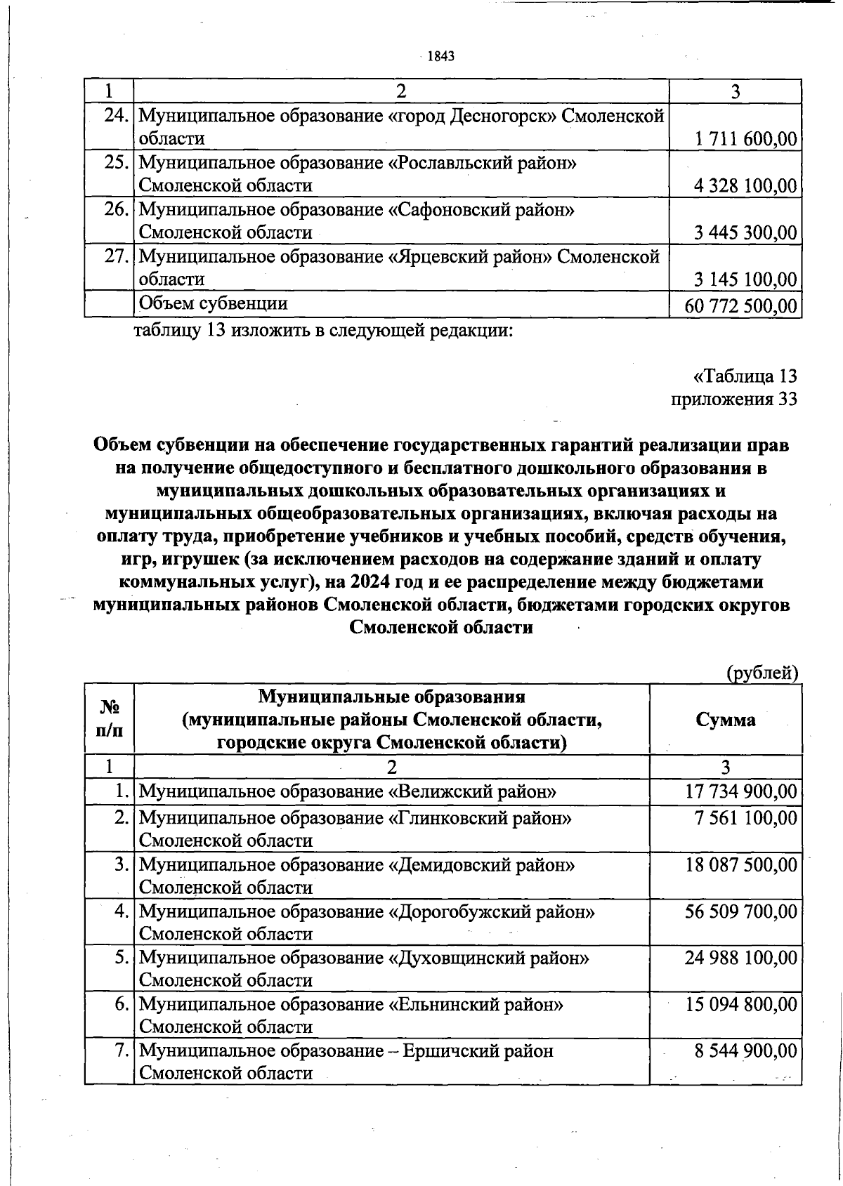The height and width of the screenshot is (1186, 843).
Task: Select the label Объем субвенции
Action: (x=214, y=303)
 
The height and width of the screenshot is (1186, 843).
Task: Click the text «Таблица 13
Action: (x=745, y=376)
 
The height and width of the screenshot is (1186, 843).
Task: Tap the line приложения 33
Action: (x=734, y=400)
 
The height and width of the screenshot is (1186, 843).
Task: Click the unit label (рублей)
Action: (x=762, y=673)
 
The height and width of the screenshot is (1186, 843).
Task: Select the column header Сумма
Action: (x=726, y=720)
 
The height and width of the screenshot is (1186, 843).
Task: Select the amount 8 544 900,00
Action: (x=745, y=1050)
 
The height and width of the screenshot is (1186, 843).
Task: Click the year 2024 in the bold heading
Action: (x=372, y=583)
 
